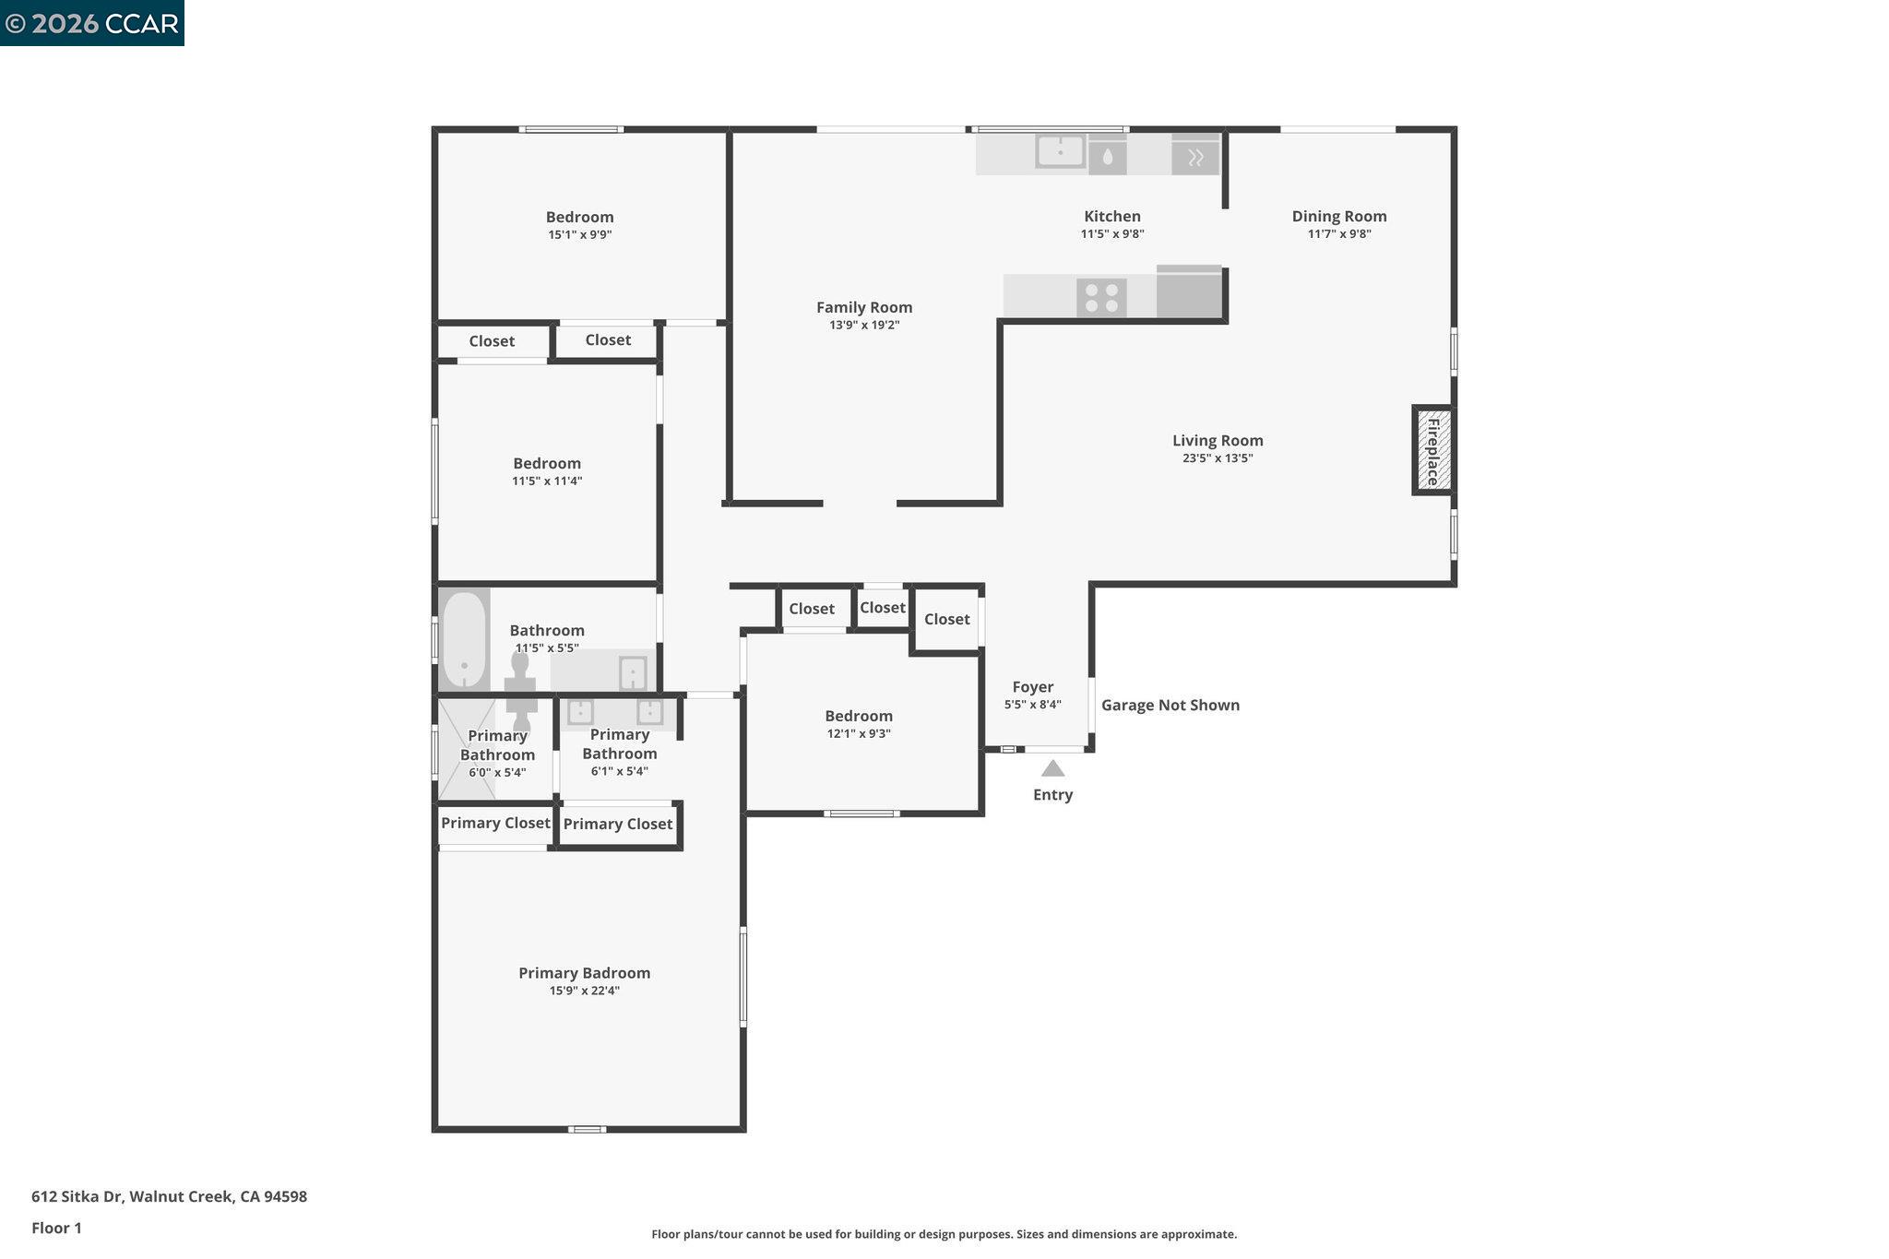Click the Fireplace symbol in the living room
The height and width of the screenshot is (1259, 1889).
point(1433,450)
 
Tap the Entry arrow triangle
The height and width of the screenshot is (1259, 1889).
point(1052,768)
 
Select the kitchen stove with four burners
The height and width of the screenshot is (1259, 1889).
point(1101,297)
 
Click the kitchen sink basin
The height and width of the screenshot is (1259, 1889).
point(1060,151)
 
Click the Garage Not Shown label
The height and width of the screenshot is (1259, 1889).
point(1170,706)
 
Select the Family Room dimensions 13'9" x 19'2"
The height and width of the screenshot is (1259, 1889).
point(863,326)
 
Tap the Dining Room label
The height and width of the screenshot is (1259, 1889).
point(1338,217)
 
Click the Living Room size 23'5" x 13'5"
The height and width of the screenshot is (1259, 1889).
point(1217,458)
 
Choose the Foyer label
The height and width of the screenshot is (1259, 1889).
point(1032,687)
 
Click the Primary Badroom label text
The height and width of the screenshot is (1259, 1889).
point(584,973)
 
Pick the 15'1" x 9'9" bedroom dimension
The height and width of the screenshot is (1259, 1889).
point(579,235)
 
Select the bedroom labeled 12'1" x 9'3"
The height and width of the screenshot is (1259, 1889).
point(858,724)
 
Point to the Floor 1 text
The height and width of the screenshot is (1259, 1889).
point(56,1229)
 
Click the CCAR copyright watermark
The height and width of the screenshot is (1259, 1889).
point(92,23)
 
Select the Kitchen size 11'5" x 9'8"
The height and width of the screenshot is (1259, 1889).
point(1111,234)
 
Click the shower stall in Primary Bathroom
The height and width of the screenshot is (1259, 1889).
point(466,749)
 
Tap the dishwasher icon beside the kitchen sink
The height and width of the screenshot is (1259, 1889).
point(1107,157)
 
